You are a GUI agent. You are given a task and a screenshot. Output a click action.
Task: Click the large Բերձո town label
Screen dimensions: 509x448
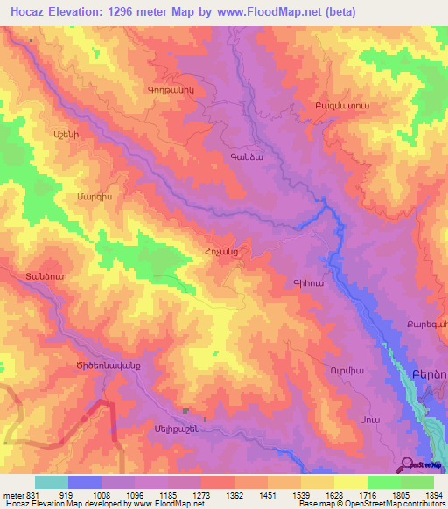(x=428, y=373)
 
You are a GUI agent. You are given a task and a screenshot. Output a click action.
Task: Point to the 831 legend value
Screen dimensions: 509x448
(x=17, y=494)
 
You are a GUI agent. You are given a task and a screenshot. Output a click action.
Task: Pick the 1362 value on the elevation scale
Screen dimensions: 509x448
(x=249, y=494)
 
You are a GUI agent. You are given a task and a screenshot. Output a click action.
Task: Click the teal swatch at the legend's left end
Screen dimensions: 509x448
(x=51, y=482)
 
